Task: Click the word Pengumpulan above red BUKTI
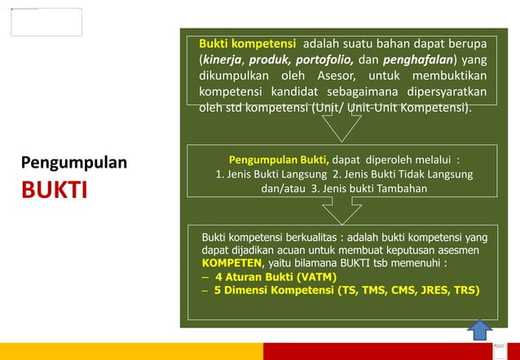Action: [x=74, y=162]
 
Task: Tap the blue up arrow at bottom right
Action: [x=480, y=330]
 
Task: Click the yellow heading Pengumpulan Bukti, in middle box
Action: [x=280, y=160]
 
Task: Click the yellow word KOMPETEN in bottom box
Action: [x=231, y=264]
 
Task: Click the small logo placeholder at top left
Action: [x=46, y=22]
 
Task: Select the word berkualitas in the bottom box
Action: [x=302, y=238]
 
